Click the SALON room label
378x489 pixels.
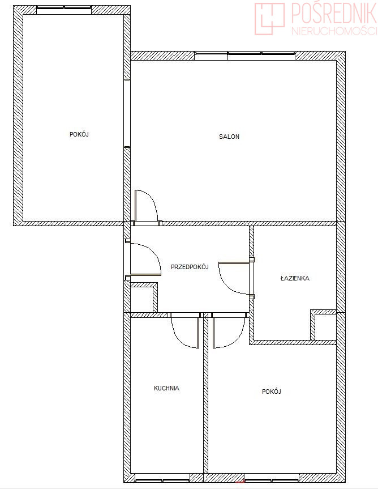[229, 137]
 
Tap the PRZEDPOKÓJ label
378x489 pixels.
[190, 267]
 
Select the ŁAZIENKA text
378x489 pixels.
[295, 278]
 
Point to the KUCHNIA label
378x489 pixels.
[166, 388]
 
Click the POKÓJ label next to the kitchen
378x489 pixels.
[272, 392]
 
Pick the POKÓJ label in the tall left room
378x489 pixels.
[79, 134]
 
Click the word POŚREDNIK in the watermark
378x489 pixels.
[333, 13]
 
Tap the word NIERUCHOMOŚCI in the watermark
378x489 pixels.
[334, 31]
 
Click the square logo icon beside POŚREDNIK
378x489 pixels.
[270, 19]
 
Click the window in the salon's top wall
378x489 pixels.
[244, 56]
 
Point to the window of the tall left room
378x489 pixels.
[64, 10]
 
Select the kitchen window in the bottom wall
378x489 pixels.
[162, 478]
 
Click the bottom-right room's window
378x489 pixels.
[272, 478]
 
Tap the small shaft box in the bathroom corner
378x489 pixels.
[323, 325]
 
